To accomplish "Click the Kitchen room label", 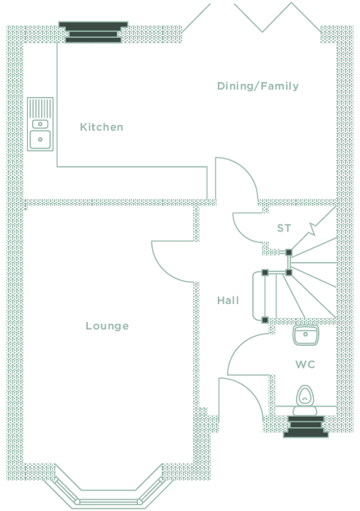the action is (x=102, y=127).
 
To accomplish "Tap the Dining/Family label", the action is (x=258, y=86).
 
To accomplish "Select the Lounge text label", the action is (x=108, y=326).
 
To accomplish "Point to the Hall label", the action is (x=228, y=300).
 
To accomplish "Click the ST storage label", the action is (x=284, y=228).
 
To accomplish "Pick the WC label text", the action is (x=306, y=364).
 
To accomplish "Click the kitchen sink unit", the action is (x=40, y=124).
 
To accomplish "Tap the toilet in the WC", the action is (x=305, y=400).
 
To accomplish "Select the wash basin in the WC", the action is (x=306, y=335).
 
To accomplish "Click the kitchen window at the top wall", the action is (x=93, y=32).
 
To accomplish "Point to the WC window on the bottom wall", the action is (x=306, y=426).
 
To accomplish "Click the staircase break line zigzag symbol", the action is (x=313, y=228).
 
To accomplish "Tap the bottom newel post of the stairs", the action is (x=265, y=320).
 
